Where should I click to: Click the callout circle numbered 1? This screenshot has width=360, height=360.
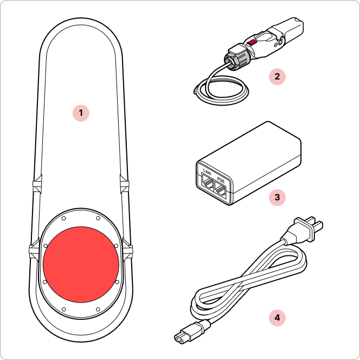click(81, 113)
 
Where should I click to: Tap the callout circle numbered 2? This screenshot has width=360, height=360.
click(277, 76)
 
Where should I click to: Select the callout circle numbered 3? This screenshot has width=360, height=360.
click(277, 197)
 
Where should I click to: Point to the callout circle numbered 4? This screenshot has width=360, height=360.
click(277, 318)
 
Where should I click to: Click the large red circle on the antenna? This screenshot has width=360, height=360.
click(81, 265)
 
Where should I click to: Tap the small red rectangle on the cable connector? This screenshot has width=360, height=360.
click(253, 42)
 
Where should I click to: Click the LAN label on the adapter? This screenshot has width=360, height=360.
click(207, 172)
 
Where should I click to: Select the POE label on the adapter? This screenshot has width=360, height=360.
click(221, 181)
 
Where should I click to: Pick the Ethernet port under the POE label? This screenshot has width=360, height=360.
click(221, 190)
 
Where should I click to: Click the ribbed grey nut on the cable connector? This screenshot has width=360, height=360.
click(236, 58)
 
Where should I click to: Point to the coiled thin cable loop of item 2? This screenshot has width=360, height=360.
click(221, 90)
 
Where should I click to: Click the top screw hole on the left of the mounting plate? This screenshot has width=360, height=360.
click(64, 218)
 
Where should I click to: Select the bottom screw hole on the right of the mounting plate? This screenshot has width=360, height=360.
click(98, 310)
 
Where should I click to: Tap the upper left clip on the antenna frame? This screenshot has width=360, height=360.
click(37, 184)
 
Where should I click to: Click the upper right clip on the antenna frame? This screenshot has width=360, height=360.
click(125, 184)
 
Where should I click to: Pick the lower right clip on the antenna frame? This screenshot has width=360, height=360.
click(127, 249)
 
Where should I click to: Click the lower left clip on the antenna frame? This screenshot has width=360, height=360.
click(34, 249)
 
